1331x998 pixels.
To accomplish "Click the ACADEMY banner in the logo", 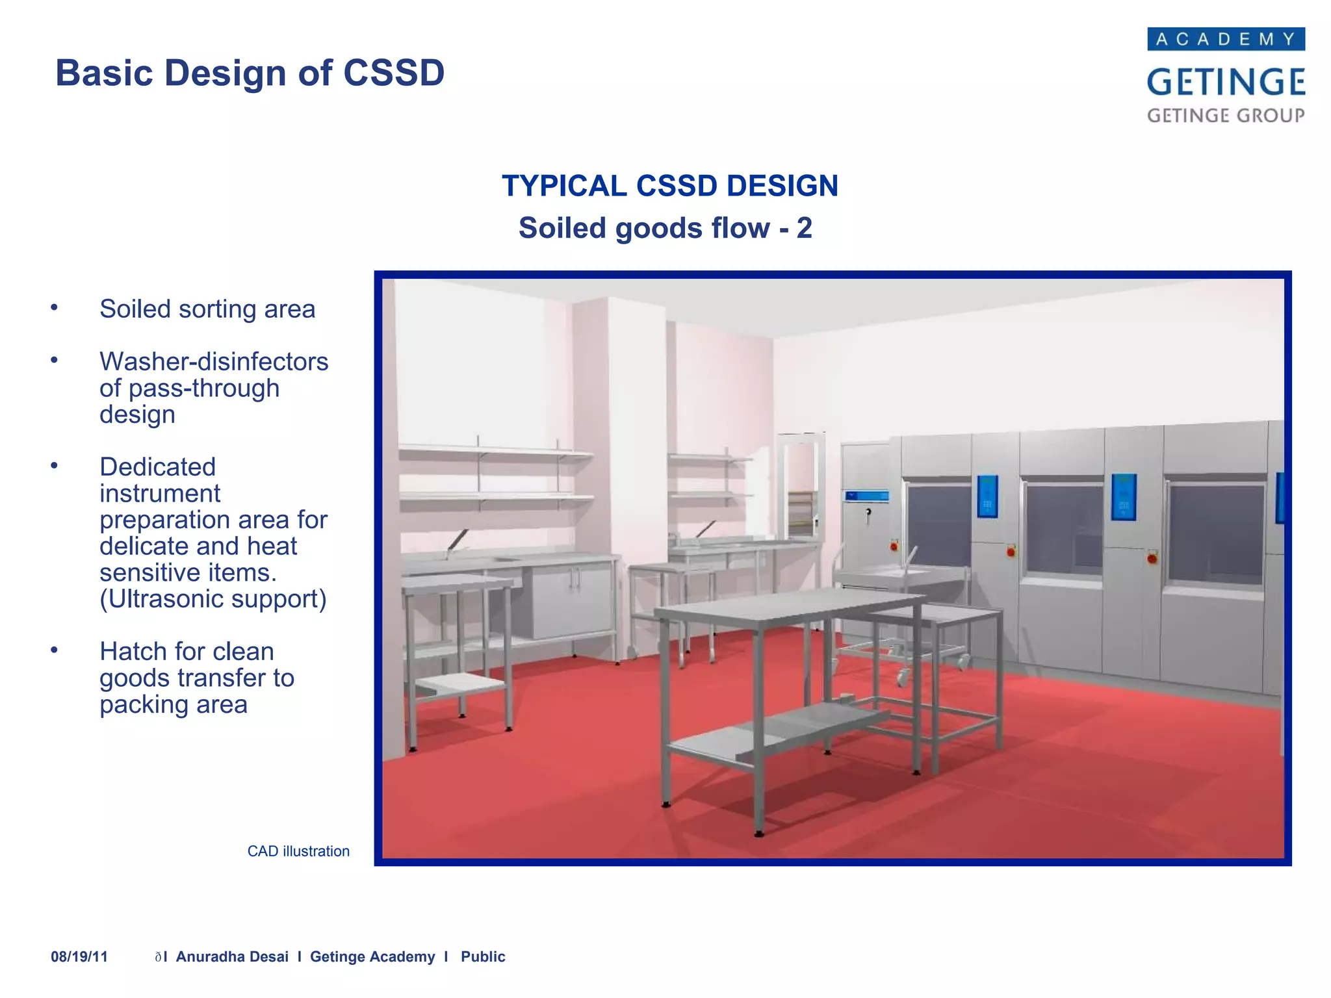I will pyautogui.click(x=1226, y=39).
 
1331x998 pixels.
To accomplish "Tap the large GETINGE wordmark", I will pyautogui.click(x=1226, y=83).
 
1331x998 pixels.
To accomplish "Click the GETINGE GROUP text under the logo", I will pyautogui.click(x=1226, y=116).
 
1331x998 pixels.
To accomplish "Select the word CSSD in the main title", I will pyautogui.click(x=394, y=73).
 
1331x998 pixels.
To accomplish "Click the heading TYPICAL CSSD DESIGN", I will pyautogui.click(x=669, y=186).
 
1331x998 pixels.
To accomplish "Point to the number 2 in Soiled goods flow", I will pyautogui.click(x=804, y=228).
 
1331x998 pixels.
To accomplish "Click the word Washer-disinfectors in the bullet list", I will pyautogui.click(x=214, y=361).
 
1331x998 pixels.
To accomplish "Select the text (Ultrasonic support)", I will pyautogui.click(x=213, y=599).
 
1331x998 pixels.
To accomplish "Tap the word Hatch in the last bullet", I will pyautogui.click(x=131, y=651).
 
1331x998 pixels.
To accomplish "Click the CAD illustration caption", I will pyautogui.click(x=298, y=851).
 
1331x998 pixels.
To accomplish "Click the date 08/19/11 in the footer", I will pyautogui.click(x=79, y=956).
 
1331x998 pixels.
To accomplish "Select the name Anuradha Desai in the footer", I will pyautogui.click(x=232, y=956).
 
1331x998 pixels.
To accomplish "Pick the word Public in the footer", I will pyautogui.click(x=483, y=956).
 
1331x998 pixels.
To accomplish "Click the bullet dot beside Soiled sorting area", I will pyautogui.click(x=55, y=307).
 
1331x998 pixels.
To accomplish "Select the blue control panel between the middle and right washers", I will pyautogui.click(x=1123, y=497).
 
